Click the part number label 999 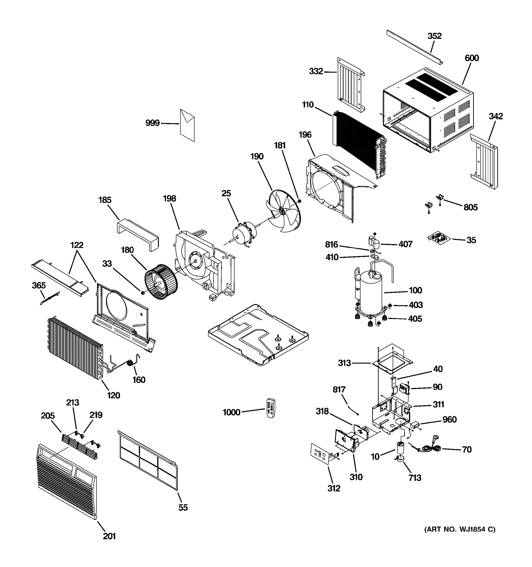[x=152, y=123]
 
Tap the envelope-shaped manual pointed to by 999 [x=187, y=125]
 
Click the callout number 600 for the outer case [x=472, y=58]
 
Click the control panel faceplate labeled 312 [x=321, y=453]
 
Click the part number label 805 [x=470, y=207]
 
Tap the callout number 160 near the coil [x=139, y=380]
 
